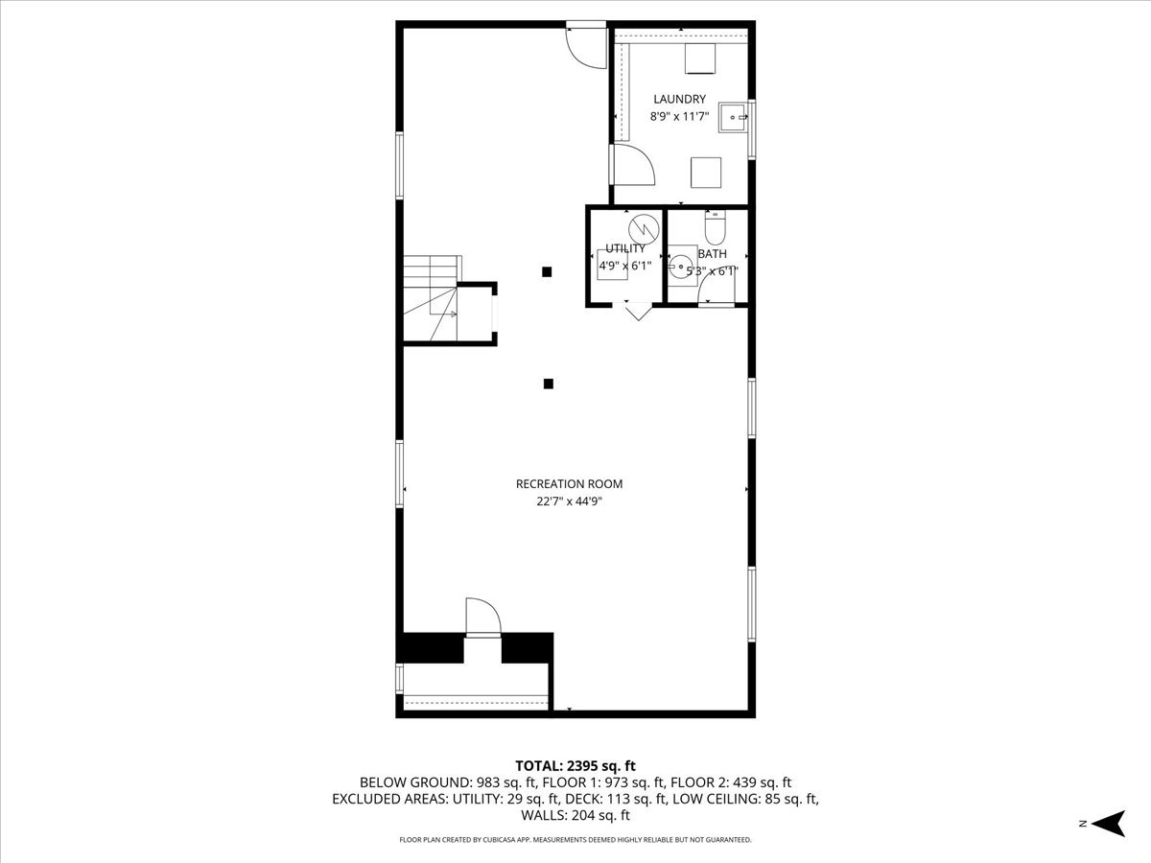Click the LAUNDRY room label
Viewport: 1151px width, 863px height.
tap(679, 99)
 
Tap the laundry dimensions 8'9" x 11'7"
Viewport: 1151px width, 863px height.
tap(679, 117)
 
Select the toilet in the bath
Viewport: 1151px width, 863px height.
tap(716, 229)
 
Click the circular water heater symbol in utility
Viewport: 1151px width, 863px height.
tap(643, 228)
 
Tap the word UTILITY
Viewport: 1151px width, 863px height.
tap(625, 248)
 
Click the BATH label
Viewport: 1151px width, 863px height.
tap(712, 254)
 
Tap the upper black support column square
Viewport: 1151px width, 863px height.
tap(547, 271)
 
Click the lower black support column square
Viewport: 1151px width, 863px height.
tap(549, 385)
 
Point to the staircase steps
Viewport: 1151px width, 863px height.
tap(430, 297)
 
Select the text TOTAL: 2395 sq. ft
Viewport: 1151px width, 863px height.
tap(575, 765)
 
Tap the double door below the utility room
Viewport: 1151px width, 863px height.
tap(638, 311)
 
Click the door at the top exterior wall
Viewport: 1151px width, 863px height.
tap(585, 45)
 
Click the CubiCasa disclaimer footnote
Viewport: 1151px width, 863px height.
tap(575, 840)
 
